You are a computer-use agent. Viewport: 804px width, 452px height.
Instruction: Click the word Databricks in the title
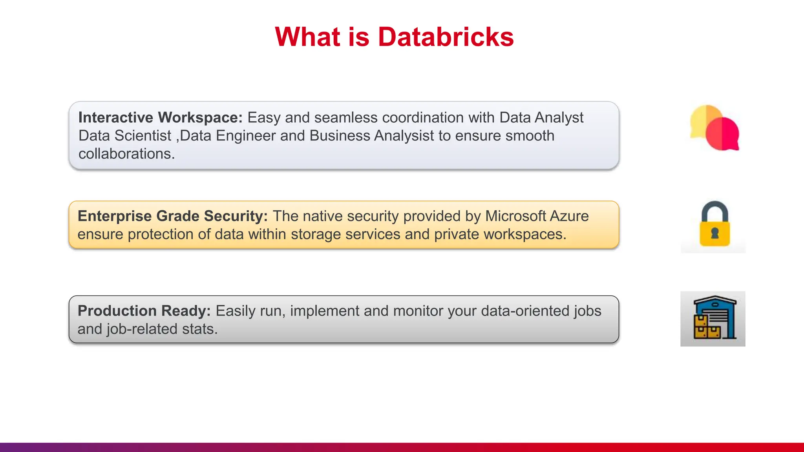pyautogui.click(x=446, y=37)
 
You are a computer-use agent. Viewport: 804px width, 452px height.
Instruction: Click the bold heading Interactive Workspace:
pyautogui.click(x=161, y=118)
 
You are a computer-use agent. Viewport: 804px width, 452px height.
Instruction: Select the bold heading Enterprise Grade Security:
pyautogui.click(x=173, y=216)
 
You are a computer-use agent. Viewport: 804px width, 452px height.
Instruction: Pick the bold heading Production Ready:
pyautogui.click(x=144, y=311)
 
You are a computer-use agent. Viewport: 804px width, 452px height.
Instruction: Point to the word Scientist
pyautogui.click(x=143, y=136)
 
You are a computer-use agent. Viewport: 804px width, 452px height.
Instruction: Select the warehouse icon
pyautogui.click(x=713, y=319)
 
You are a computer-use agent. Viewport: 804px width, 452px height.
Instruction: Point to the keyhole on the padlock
pyautogui.click(x=715, y=233)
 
